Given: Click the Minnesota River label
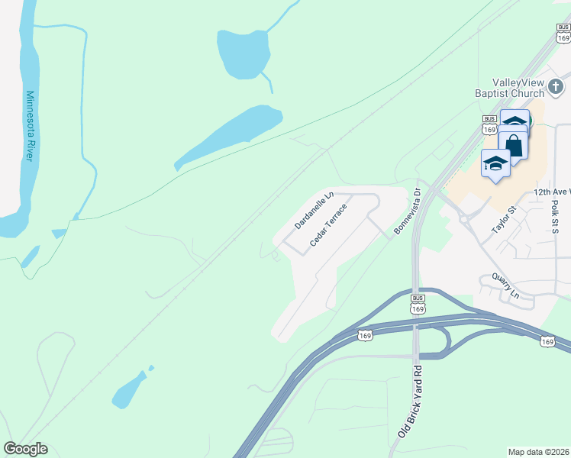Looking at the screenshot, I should tap(31, 127).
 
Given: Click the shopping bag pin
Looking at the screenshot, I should tap(514, 145).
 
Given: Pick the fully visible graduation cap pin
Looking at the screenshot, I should tap(496, 164).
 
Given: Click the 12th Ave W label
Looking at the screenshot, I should tap(551, 192).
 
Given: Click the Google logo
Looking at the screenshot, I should tap(25, 449).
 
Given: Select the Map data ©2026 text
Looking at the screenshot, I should tap(538, 452).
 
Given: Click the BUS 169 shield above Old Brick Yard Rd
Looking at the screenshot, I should tap(417, 303).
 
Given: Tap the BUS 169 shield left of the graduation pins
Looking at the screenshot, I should tap(490, 124).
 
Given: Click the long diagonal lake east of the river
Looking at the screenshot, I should tap(229, 135).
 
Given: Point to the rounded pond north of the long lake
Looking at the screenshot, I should tap(244, 53).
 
